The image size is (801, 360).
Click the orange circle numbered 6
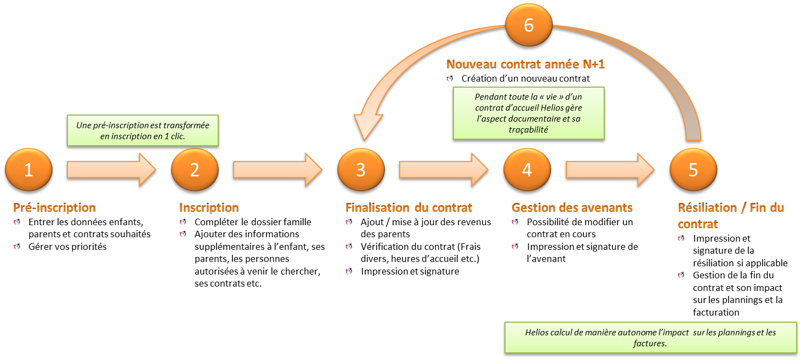click(x=529, y=26)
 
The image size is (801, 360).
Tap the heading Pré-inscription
click(x=54, y=208)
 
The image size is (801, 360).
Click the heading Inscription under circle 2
click(x=209, y=208)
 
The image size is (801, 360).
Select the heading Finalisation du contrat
click(x=408, y=208)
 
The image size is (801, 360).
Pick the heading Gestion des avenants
click(x=572, y=208)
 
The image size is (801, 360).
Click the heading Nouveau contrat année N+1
click(x=525, y=64)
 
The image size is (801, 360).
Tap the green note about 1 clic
click(x=143, y=130)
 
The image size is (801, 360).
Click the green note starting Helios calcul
click(x=650, y=338)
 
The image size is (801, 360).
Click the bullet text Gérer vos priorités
click(x=67, y=247)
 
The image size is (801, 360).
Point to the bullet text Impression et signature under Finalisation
click(x=410, y=271)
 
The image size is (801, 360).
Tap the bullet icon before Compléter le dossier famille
click(x=184, y=222)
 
